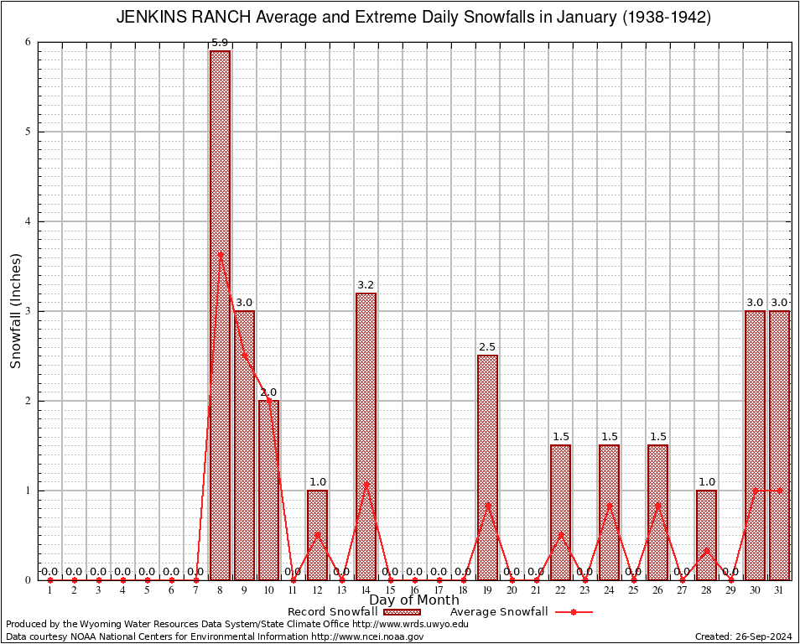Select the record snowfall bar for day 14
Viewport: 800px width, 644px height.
tap(366, 436)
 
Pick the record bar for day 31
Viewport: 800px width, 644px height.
tap(780, 444)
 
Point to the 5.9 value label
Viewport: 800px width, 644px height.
tap(220, 43)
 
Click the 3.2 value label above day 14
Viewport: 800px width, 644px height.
tap(366, 285)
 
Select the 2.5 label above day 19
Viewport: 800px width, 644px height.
tap(487, 347)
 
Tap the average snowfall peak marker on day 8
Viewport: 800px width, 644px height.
tap(220, 253)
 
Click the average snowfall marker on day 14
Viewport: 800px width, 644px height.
tap(366, 483)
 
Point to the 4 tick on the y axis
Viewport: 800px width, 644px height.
tap(27, 221)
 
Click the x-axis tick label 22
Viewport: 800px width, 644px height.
tap(560, 590)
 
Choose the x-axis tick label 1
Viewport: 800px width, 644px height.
tap(49, 590)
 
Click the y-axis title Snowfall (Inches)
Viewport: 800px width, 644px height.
tap(16, 311)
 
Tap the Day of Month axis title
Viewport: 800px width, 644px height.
tap(414, 600)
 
